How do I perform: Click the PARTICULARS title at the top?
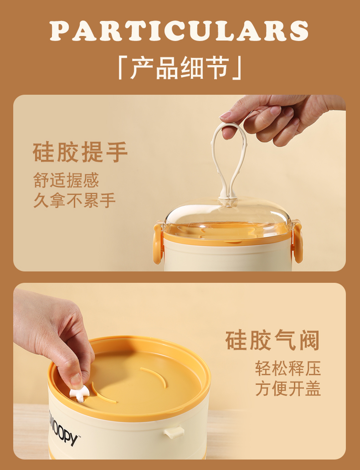pos(179,31)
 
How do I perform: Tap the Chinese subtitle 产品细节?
pos(180,68)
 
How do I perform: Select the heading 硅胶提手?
pos(80,152)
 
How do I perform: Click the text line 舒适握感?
pos(66,180)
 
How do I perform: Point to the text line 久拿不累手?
pos(74,200)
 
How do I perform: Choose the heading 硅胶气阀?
pos(273,340)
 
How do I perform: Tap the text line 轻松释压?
pos(288,368)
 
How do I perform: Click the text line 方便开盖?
pos(288,388)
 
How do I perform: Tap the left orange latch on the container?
pos(158,243)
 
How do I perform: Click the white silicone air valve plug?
pos(79,393)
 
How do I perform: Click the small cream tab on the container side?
pos(174,432)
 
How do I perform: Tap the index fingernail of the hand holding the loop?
pos(226,114)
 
